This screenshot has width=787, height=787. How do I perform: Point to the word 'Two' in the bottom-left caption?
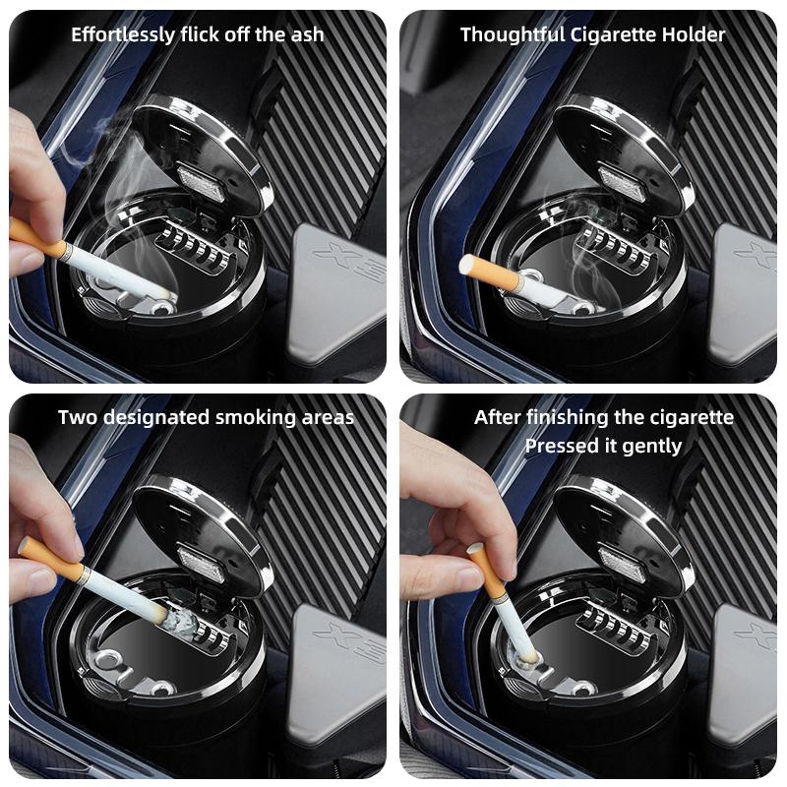[x=78, y=417]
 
